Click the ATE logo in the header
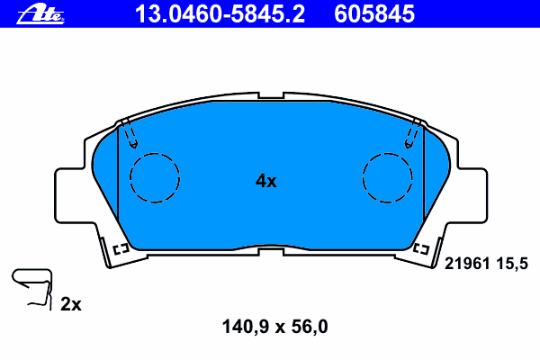44,13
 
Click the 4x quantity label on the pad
265,181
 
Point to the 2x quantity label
71,305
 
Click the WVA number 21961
466,263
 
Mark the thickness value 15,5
508,263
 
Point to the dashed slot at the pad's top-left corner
131,133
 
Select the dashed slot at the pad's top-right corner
413,133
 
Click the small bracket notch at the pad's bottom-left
121,247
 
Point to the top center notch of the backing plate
270,95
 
